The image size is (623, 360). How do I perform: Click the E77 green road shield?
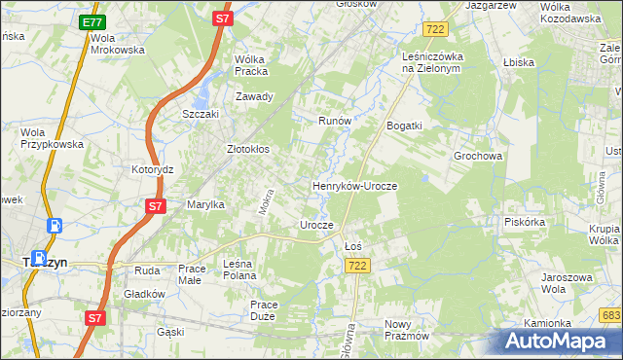point(92,21)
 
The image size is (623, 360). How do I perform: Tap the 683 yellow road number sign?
point(610,314)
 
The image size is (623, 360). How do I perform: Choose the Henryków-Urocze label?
point(355,185)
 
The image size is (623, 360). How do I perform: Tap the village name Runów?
point(334,121)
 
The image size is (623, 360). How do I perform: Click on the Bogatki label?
point(404,126)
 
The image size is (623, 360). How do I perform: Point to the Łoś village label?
point(353,246)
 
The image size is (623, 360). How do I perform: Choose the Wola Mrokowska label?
point(117,44)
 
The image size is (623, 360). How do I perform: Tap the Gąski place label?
point(170,332)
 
